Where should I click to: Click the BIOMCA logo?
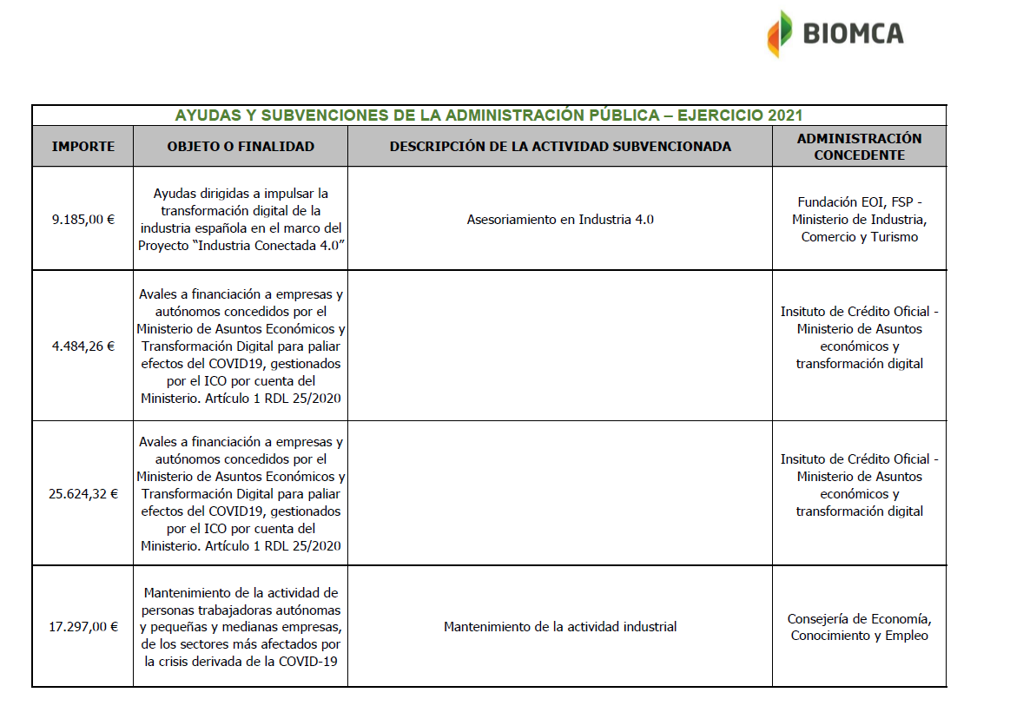[835, 34]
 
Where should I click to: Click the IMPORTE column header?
[83, 147]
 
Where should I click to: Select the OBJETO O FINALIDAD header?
[241, 147]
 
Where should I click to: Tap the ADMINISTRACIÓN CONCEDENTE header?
[859, 147]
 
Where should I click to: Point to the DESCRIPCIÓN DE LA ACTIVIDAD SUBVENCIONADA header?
[560, 147]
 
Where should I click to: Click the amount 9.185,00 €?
[83, 220]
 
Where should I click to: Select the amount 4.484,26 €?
[83, 346]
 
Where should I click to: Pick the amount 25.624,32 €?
[83, 494]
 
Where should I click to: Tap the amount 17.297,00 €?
[83, 626]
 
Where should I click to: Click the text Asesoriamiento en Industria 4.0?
[560, 220]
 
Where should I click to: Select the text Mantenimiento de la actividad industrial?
[560, 626]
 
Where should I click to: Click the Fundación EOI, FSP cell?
[859, 220]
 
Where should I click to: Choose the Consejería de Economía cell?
[859, 627]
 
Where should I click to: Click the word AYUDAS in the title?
[205, 115]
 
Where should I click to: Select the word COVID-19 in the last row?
[308, 662]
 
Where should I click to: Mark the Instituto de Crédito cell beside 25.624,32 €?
[859, 485]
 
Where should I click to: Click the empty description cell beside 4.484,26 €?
[560, 346]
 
